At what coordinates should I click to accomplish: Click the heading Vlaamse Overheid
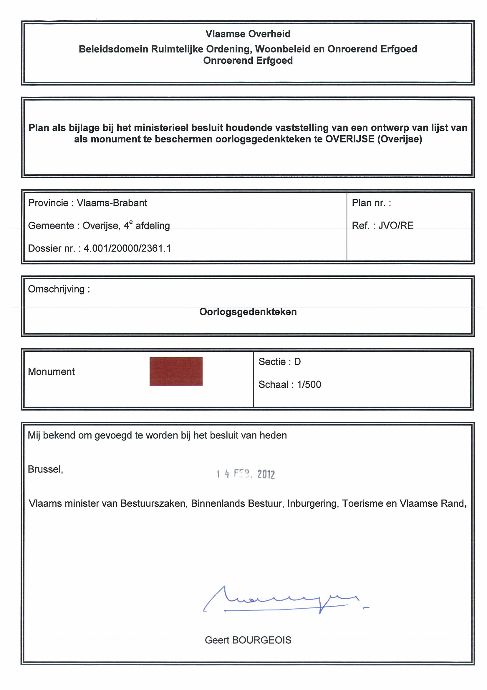[x=248, y=34]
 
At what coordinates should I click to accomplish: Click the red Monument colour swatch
[x=176, y=371]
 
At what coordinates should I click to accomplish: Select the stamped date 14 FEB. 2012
[x=246, y=474]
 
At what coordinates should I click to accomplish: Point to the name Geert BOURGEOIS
[x=248, y=640]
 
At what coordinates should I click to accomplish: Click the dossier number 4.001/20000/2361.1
[x=127, y=248]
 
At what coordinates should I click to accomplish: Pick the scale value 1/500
[x=309, y=385]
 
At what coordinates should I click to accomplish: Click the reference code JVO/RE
[x=396, y=225]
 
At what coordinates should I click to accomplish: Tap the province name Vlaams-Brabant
[x=112, y=203]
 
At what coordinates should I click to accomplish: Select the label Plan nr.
[x=371, y=203]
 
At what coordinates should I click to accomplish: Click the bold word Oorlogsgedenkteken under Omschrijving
[x=248, y=312]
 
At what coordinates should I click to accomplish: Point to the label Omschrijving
[x=57, y=289]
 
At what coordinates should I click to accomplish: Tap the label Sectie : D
[x=279, y=362]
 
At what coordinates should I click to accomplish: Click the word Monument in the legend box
[x=51, y=372]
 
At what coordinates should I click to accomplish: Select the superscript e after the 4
[x=131, y=222]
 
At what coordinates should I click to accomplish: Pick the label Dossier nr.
[x=52, y=248]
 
